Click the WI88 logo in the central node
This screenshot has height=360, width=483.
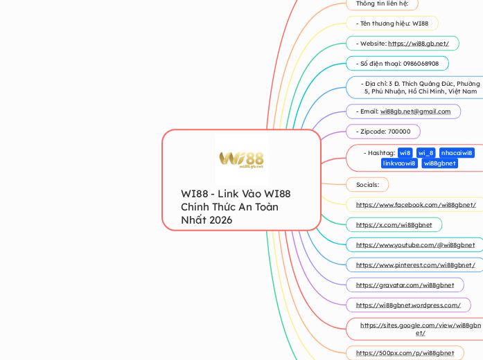240,159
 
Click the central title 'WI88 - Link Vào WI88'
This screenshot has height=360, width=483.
236,194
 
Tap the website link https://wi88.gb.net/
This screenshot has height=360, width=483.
418,44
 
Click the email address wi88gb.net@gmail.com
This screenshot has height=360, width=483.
415,111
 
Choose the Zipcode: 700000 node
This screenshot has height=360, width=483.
383,132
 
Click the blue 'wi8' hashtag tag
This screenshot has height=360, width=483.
405,153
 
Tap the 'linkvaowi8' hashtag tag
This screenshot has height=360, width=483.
400,163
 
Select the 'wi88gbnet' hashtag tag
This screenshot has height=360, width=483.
440,163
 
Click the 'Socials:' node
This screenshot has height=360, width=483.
367,185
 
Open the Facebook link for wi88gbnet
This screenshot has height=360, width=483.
416,205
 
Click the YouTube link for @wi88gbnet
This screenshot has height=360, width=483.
415,245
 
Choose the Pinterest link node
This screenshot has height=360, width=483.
415,265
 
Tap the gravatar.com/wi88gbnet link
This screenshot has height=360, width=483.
405,285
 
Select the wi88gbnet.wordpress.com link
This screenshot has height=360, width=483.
408,305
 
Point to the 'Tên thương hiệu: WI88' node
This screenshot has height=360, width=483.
392,24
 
